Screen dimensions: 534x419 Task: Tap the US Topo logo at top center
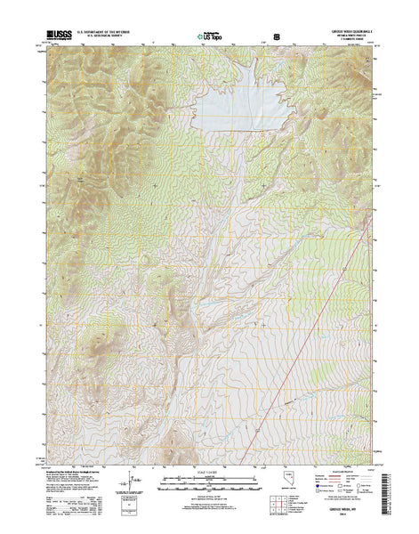tap(209, 36)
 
